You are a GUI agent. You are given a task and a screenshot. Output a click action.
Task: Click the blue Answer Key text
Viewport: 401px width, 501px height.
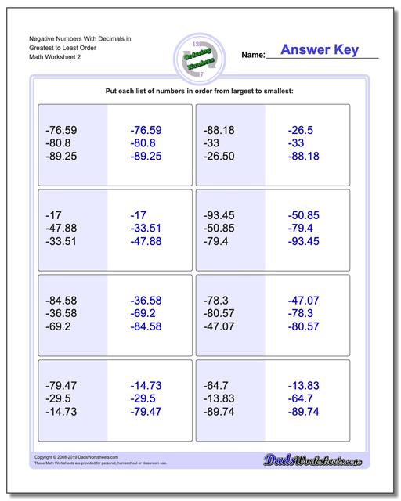pos(320,50)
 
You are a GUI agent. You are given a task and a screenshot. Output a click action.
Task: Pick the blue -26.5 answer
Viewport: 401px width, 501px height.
pos(301,130)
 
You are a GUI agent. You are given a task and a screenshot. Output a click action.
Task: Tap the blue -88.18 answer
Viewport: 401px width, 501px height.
pos(304,157)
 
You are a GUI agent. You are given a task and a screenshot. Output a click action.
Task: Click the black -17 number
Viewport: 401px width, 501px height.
pos(55,215)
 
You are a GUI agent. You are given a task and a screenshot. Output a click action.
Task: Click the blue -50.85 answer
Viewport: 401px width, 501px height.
pos(304,215)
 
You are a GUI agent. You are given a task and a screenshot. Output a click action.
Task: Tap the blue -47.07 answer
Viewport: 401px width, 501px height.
pos(304,300)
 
